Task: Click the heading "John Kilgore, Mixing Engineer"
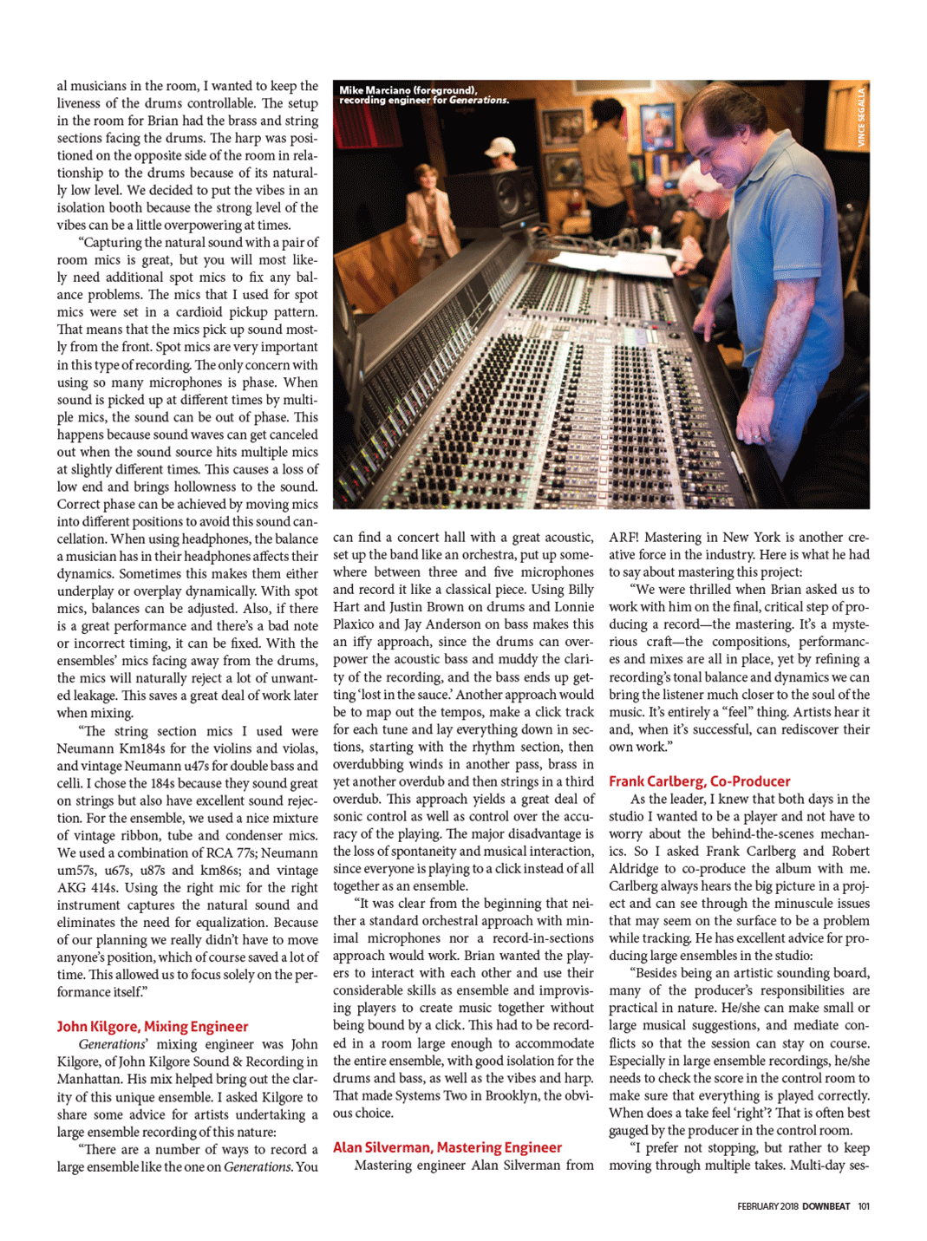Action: [152, 1026]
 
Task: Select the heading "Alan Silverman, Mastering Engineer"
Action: [447, 1147]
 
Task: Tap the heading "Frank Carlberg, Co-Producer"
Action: [699, 781]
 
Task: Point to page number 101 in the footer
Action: [863, 1205]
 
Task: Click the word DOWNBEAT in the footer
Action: [826, 1205]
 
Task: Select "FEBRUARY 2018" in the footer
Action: [767, 1205]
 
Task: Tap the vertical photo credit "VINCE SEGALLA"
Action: [861, 116]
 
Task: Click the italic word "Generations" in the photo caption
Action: [479, 101]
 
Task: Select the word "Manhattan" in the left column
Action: [88, 1079]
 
